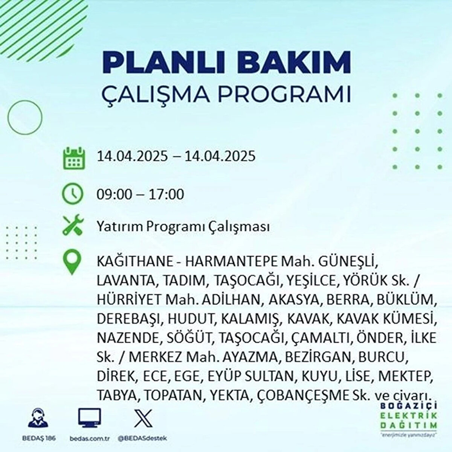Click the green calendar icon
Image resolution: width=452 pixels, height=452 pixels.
coord(74,158)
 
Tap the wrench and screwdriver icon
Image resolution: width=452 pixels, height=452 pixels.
coord(73,225)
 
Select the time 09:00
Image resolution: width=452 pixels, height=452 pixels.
coord(114,195)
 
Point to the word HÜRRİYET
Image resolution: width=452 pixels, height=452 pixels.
coord(130,299)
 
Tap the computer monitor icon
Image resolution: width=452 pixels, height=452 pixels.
coord(90,418)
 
